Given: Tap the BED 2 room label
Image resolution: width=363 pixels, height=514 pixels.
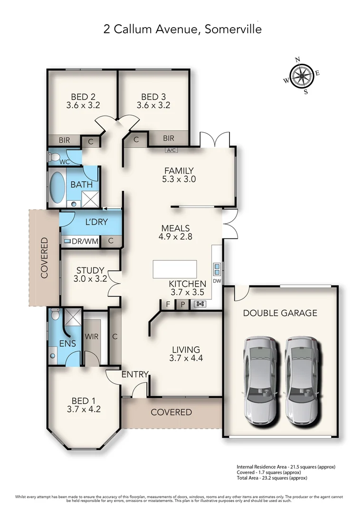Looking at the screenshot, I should point(83,101).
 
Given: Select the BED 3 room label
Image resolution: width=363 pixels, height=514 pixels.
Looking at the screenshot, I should point(153,101).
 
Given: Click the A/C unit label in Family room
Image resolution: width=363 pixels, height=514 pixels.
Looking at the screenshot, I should point(171,150).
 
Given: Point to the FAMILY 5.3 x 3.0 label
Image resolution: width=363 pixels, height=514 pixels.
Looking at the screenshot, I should point(179,175).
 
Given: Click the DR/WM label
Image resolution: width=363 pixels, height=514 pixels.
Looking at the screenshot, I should point(85,241).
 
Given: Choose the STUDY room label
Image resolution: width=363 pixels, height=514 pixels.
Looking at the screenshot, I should point(90,275).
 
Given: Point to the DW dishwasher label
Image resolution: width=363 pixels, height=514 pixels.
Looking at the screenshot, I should point(217,281).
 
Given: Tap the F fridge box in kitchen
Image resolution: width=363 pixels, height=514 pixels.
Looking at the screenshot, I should point(168,305).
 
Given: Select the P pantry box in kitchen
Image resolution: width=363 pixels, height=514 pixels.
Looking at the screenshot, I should point(183,305).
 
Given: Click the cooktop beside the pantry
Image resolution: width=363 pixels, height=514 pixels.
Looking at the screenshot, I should point(200,305).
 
